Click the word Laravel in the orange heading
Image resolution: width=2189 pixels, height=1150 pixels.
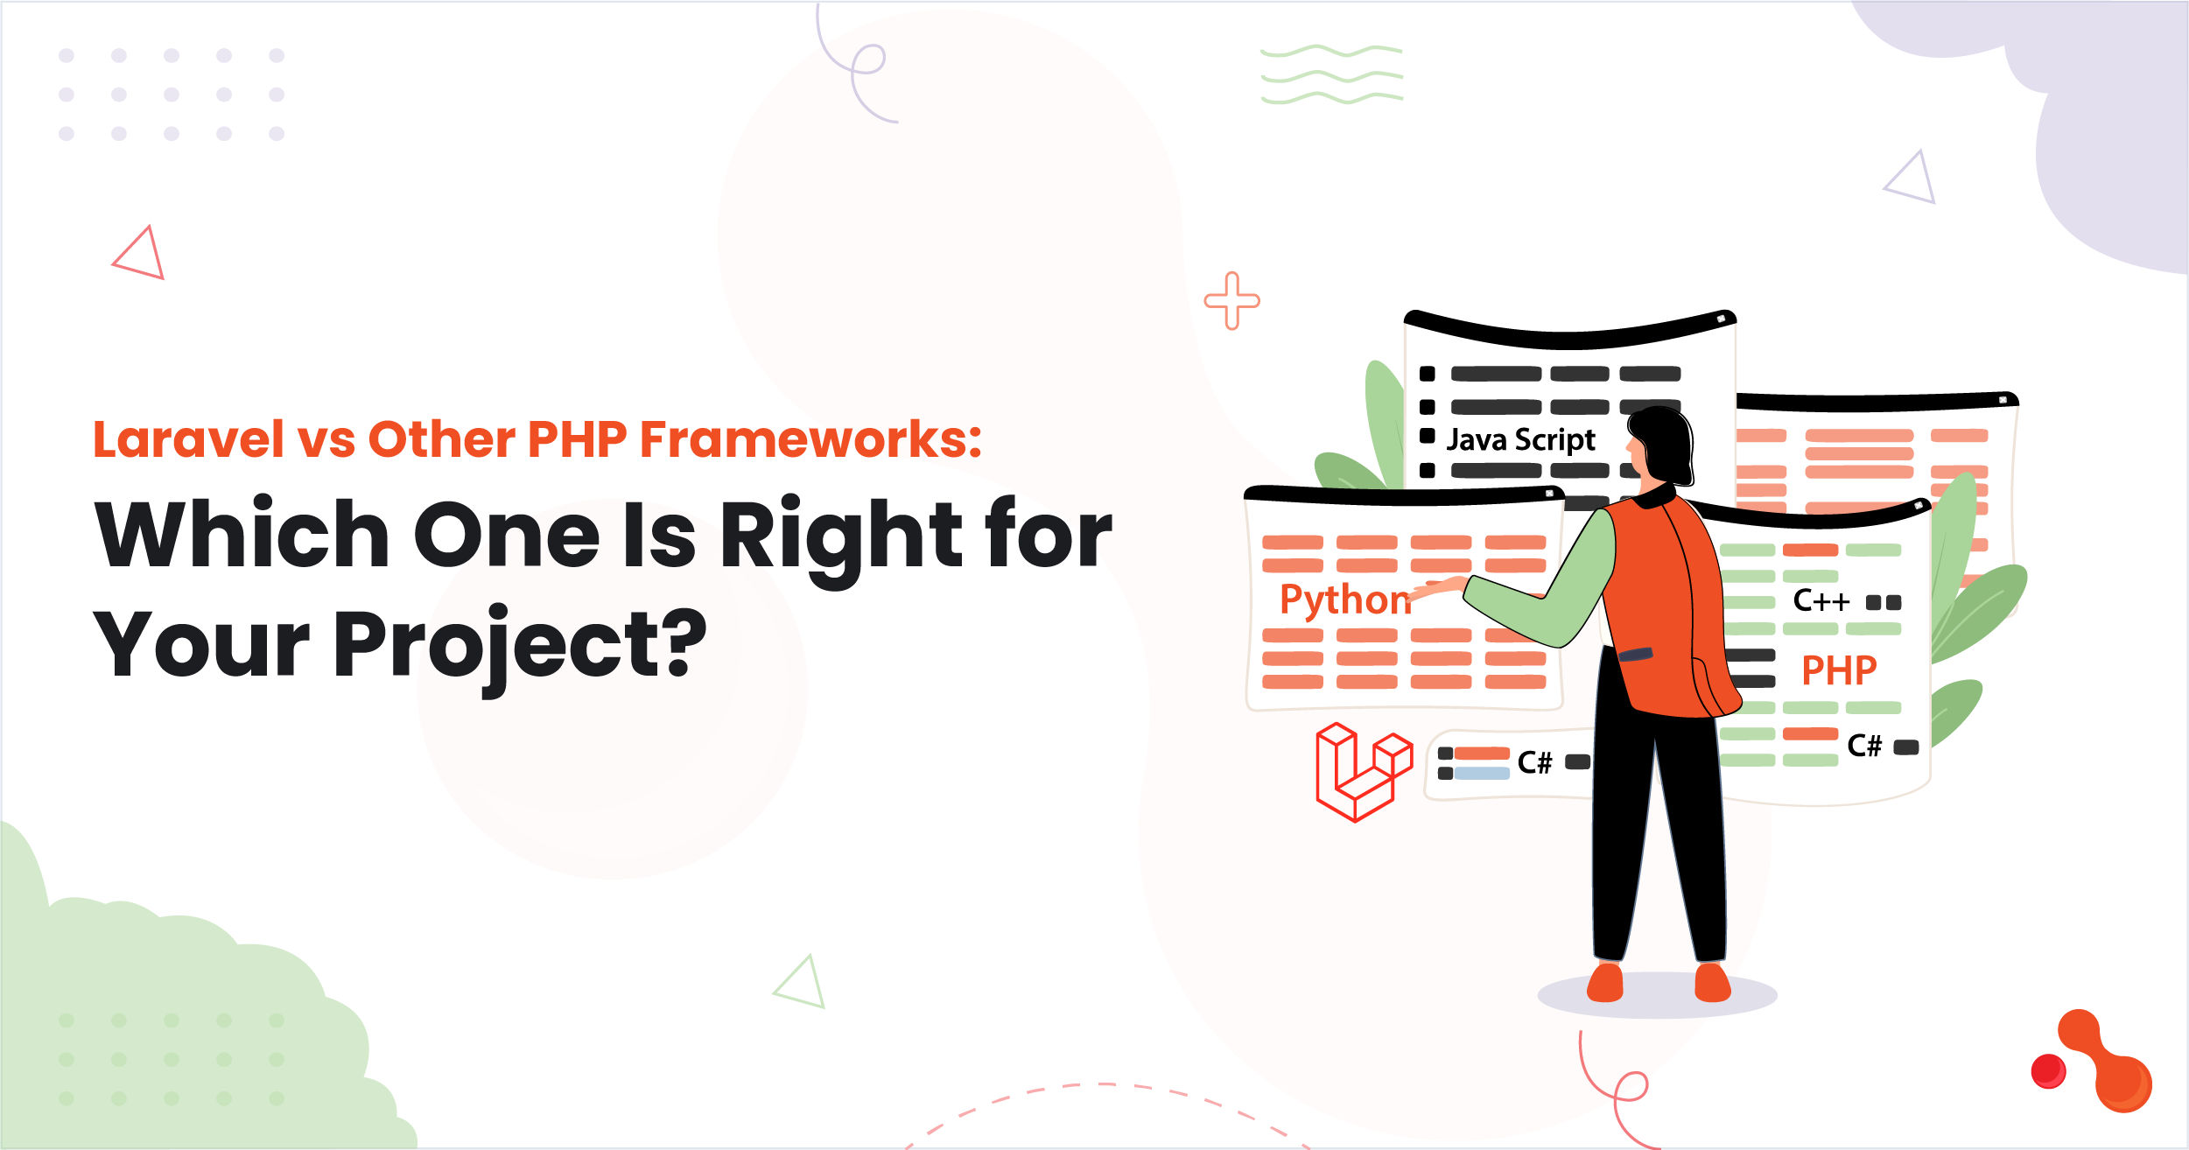pyautogui.click(x=188, y=439)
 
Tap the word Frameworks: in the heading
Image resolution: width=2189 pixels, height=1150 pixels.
pyautogui.click(x=810, y=439)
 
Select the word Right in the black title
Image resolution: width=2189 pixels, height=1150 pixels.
pyautogui.click(x=840, y=536)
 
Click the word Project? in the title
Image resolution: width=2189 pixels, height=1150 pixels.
pyautogui.click(x=520, y=646)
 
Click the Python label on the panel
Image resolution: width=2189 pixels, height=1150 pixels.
pyautogui.click(x=1344, y=600)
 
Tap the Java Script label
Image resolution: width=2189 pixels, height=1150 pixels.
pyautogui.click(x=1520, y=439)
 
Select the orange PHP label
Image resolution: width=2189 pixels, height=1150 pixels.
pyautogui.click(x=1838, y=671)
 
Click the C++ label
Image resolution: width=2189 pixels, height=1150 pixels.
pyautogui.click(x=1821, y=601)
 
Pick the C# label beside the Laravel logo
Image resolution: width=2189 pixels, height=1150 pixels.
pyautogui.click(x=1534, y=762)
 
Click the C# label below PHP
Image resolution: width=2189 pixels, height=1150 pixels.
pyautogui.click(x=1863, y=746)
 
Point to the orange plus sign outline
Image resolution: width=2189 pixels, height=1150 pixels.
pyautogui.click(x=1231, y=301)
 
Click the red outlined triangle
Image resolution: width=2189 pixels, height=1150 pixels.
pyautogui.click(x=142, y=255)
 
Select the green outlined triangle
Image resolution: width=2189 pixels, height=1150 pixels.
pyautogui.click(x=802, y=984)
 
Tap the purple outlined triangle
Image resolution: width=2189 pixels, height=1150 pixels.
pyautogui.click(x=1912, y=180)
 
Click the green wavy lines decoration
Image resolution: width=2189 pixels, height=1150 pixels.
pyautogui.click(x=1331, y=74)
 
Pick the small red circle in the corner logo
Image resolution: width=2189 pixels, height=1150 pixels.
pyautogui.click(x=2047, y=1070)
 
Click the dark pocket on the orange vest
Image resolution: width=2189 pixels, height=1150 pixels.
pyautogui.click(x=1634, y=655)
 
